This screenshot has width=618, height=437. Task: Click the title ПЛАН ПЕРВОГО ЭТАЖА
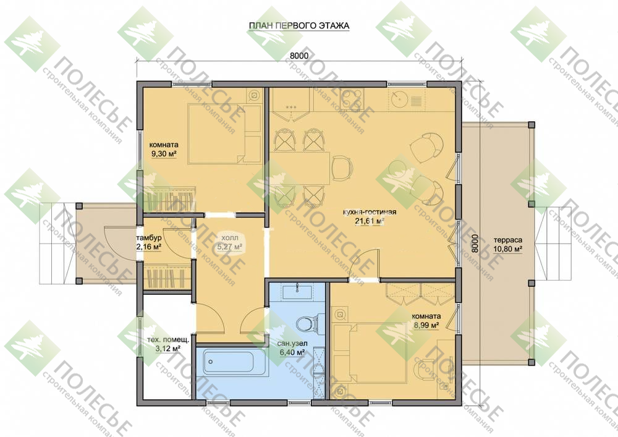click(298, 26)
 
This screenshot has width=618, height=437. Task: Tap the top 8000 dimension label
click(299, 56)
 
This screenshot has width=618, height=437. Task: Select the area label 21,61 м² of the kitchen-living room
click(370, 221)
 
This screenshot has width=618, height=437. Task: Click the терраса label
click(507, 240)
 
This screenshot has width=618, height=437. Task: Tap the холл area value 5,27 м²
click(229, 247)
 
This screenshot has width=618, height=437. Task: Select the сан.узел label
click(292, 344)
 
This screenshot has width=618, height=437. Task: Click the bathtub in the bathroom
click(229, 362)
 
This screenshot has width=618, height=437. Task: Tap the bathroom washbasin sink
click(297, 292)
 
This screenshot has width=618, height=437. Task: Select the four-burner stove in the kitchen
click(352, 98)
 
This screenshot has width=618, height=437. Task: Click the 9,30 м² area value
click(164, 153)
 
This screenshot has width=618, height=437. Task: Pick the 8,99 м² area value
click(426, 325)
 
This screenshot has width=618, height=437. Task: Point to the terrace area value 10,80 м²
click(507, 248)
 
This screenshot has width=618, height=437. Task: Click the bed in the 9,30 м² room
click(224, 134)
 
